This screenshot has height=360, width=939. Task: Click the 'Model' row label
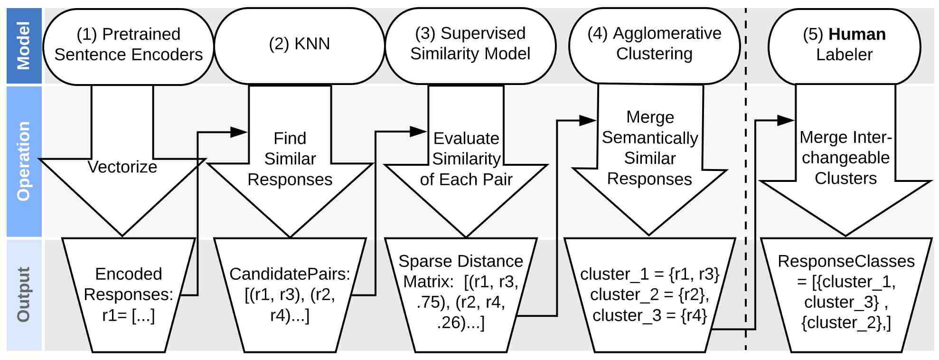pos(23,46)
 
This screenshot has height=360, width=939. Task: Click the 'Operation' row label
pos(23,161)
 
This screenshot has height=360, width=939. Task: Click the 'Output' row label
pos(23,294)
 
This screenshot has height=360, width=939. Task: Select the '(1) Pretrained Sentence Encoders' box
pos(128,46)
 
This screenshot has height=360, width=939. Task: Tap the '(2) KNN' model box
pos(299,46)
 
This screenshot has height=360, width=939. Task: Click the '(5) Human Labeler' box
pos(844,46)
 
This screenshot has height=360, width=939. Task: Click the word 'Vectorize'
pos(122,167)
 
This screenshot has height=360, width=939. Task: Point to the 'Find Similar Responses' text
pos(290,159)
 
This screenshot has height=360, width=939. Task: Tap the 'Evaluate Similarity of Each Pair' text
pos(466,159)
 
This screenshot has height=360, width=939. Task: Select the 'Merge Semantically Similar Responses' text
pos(650,148)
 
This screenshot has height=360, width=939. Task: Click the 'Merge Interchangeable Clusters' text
pos(845,158)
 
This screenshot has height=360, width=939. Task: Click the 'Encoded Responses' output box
pos(129,295)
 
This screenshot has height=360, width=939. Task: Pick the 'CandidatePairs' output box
pos(290,295)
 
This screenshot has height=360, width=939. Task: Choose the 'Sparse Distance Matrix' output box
pos(460,295)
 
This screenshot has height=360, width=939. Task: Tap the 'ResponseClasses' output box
pos(846,295)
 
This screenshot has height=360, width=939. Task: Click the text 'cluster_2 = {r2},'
pos(650,294)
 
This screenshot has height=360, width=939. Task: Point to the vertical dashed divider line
pos(746,180)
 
